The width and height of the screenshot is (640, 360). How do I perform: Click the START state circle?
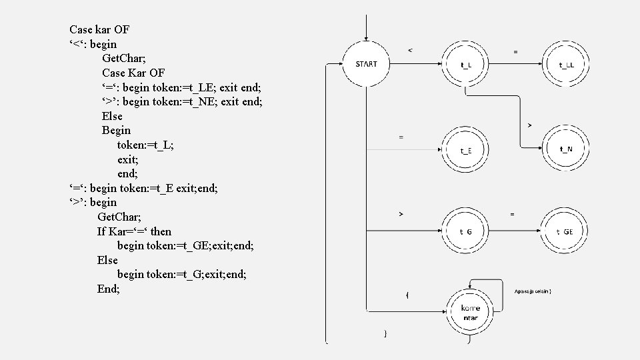pyautogui.click(x=366, y=64)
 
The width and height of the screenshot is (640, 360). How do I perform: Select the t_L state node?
pyautogui.click(x=466, y=65)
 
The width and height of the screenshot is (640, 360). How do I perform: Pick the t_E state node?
pyautogui.click(x=466, y=151)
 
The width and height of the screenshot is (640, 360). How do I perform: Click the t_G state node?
pyautogui.click(x=466, y=231)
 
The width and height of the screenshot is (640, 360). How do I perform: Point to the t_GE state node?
pyautogui.click(x=565, y=231)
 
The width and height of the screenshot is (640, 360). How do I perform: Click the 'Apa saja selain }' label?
pyautogui.click(x=533, y=291)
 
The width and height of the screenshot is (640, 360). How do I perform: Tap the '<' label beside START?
pyautogui.click(x=410, y=49)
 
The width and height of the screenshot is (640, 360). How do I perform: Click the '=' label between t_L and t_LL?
pyautogui.click(x=515, y=51)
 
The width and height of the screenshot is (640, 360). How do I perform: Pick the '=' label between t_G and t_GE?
pyautogui.click(x=512, y=214)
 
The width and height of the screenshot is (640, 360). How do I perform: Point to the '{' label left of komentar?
pyautogui.click(x=407, y=294)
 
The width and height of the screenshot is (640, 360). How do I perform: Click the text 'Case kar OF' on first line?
pyautogui.click(x=99, y=29)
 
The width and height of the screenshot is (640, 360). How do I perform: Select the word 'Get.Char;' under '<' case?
pyautogui.click(x=125, y=58)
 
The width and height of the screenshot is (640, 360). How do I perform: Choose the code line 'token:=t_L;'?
pyautogui.click(x=146, y=145)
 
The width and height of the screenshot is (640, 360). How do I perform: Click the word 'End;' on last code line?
pyautogui.click(x=108, y=289)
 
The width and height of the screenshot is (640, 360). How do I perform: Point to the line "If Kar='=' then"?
pyautogui.click(x=134, y=231)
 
